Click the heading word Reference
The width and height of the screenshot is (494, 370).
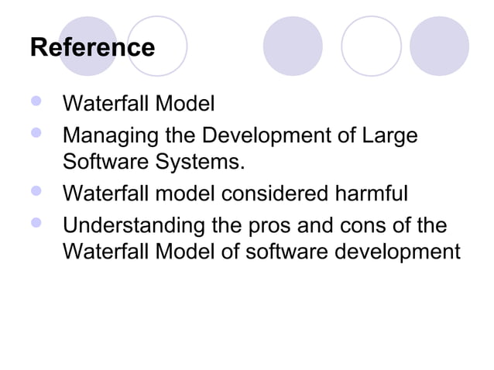point(92,47)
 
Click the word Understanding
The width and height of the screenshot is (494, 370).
point(133,227)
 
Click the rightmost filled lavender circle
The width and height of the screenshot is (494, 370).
point(438,46)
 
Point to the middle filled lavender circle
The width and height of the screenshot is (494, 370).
point(293,46)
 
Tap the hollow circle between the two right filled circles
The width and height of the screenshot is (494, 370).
point(371,46)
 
